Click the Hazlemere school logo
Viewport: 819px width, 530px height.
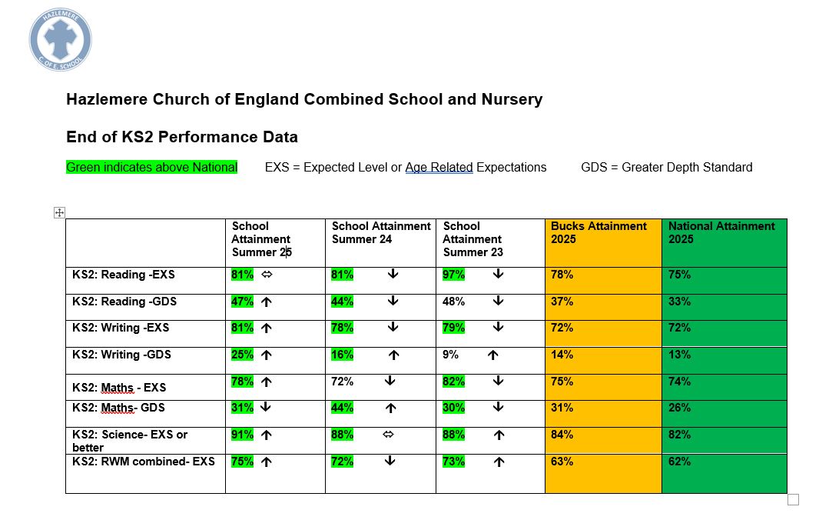[61, 40]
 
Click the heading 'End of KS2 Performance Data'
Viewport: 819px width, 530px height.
[181, 137]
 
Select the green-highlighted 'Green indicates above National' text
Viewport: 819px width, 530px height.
[151, 167]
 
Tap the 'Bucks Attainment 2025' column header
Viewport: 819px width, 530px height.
[598, 232]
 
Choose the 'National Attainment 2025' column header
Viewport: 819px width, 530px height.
[721, 232]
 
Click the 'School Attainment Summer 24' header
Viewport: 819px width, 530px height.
[381, 232]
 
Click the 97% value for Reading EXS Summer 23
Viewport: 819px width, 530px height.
[454, 275]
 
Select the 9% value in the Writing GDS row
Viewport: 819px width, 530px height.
[450, 355]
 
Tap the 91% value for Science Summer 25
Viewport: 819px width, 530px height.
[242, 435]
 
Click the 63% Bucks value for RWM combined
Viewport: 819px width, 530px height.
[562, 462]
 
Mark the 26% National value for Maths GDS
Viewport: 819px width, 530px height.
[679, 408]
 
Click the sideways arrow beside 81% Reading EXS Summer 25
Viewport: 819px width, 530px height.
[267, 275]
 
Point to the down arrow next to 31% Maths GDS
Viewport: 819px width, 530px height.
[267, 408]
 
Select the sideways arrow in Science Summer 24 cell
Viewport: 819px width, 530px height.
[388, 435]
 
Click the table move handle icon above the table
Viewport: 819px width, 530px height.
[59, 212]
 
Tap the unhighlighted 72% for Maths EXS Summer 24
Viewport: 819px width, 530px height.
[342, 382]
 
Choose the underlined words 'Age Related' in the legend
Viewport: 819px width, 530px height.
[439, 167]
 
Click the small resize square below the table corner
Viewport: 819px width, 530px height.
[793, 500]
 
